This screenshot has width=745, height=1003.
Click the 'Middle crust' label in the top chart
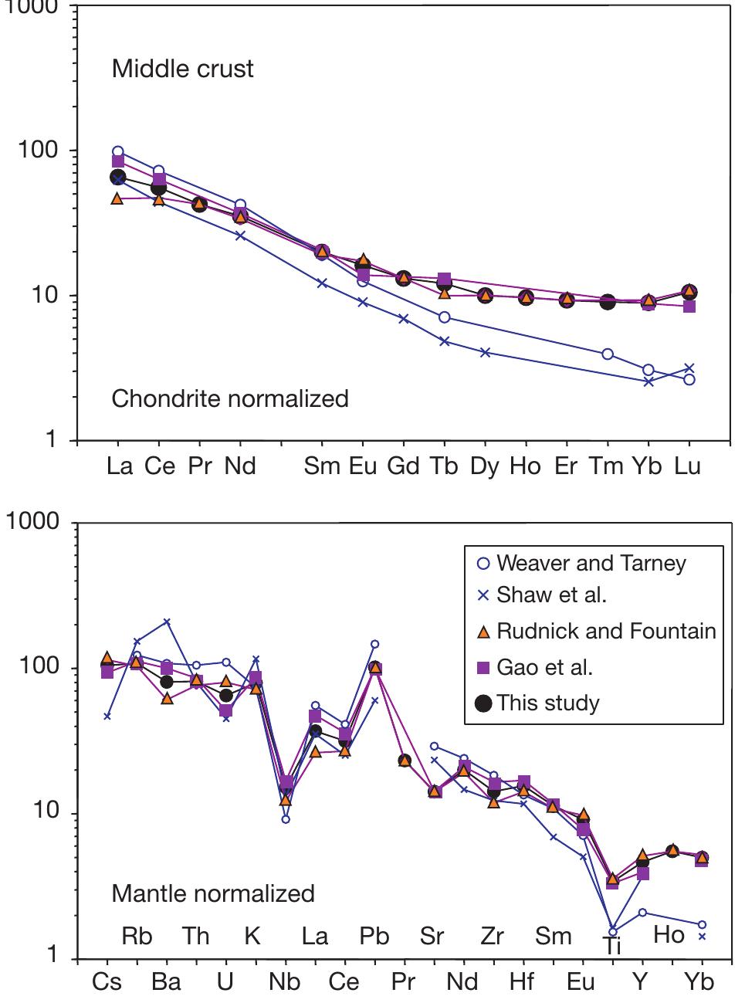point(182,69)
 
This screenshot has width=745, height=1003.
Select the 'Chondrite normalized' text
point(230,398)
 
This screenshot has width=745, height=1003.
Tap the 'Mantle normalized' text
point(213,893)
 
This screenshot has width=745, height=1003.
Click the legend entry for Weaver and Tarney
point(591,563)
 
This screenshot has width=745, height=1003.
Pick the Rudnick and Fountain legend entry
point(606,631)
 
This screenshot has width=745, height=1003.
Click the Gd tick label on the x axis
point(403,467)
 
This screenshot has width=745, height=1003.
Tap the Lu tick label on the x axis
point(688,467)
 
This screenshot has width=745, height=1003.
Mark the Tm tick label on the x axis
point(606,467)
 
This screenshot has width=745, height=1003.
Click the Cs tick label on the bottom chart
point(107,981)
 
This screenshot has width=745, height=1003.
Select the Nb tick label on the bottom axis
point(285,981)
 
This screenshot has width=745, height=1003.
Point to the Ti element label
point(612,946)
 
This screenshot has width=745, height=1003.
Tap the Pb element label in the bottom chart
point(374,936)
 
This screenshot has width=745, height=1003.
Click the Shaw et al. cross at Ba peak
point(167,622)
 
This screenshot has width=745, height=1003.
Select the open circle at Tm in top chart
point(608,354)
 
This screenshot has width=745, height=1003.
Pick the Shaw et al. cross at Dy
point(485,352)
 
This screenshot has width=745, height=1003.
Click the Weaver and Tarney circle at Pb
point(374,644)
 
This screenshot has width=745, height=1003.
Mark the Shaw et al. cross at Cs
point(107,717)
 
